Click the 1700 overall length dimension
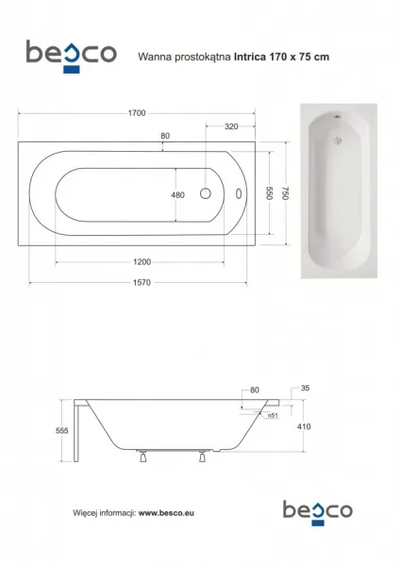pyautogui.click(x=137, y=113)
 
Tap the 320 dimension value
pyautogui.click(x=231, y=126)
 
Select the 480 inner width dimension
pyautogui.click(x=177, y=195)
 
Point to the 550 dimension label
pyautogui.click(x=269, y=193)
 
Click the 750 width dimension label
pyautogui.click(x=285, y=193)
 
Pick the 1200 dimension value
pyautogui.click(x=142, y=262)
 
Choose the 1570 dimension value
pyautogui.click(x=142, y=283)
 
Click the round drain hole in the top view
pyautogui.click(x=206, y=193)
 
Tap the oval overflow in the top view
pyautogui.click(x=239, y=193)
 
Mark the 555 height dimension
pyautogui.click(x=62, y=431)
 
